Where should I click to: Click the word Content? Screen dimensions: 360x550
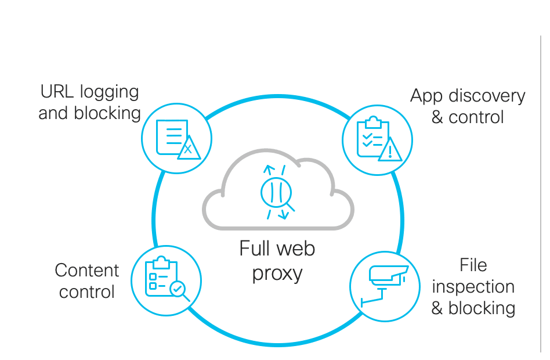87,271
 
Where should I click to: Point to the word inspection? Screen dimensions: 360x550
473,287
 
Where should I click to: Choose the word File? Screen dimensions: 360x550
473,265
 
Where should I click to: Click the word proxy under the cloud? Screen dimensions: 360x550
277,272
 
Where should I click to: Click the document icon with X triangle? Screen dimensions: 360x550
177,139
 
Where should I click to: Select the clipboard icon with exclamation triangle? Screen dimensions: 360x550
377,140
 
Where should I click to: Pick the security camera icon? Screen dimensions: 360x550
385,285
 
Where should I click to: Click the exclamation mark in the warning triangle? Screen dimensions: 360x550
391,151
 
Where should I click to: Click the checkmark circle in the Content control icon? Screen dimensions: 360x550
177,288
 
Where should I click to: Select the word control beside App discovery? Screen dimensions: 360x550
476,117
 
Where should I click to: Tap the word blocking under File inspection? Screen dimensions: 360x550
482,308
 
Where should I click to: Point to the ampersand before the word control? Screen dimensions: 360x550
437,117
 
